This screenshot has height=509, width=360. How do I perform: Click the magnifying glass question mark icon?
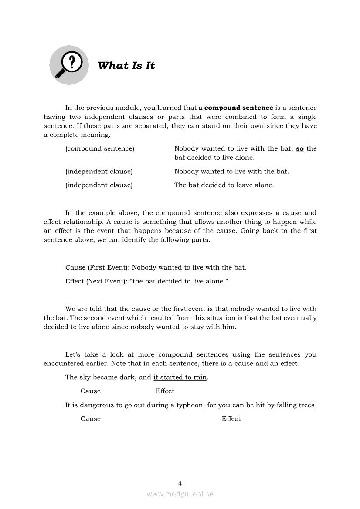pyautogui.click(x=68, y=65)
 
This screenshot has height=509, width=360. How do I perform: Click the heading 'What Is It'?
pyautogui.click(x=126, y=66)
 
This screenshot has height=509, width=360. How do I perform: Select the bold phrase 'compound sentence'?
pyautogui.click(x=239, y=108)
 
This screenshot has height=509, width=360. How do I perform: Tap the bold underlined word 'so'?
pyautogui.click(x=300, y=148)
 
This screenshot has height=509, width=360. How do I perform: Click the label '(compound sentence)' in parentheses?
pyautogui.click(x=100, y=148)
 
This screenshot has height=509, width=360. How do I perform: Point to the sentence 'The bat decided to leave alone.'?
pyautogui.click(x=224, y=185)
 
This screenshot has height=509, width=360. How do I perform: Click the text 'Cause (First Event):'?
pyautogui.click(x=98, y=267)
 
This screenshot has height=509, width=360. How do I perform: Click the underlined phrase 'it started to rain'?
pyautogui.click(x=180, y=377)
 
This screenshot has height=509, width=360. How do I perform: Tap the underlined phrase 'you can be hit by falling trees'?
pyautogui.click(x=266, y=405)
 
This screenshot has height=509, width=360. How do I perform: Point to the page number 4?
pyautogui.click(x=180, y=483)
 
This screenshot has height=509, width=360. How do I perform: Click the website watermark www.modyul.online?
pyautogui.click(x=180, y=494)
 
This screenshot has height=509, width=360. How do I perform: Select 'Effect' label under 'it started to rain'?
pyautogui.click(x=165, y=391)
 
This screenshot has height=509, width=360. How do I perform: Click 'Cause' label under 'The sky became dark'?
pyautogui.click(x=91, y=391)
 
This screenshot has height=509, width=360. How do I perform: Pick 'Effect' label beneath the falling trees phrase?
pyautogui.click(x=231, y=419)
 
